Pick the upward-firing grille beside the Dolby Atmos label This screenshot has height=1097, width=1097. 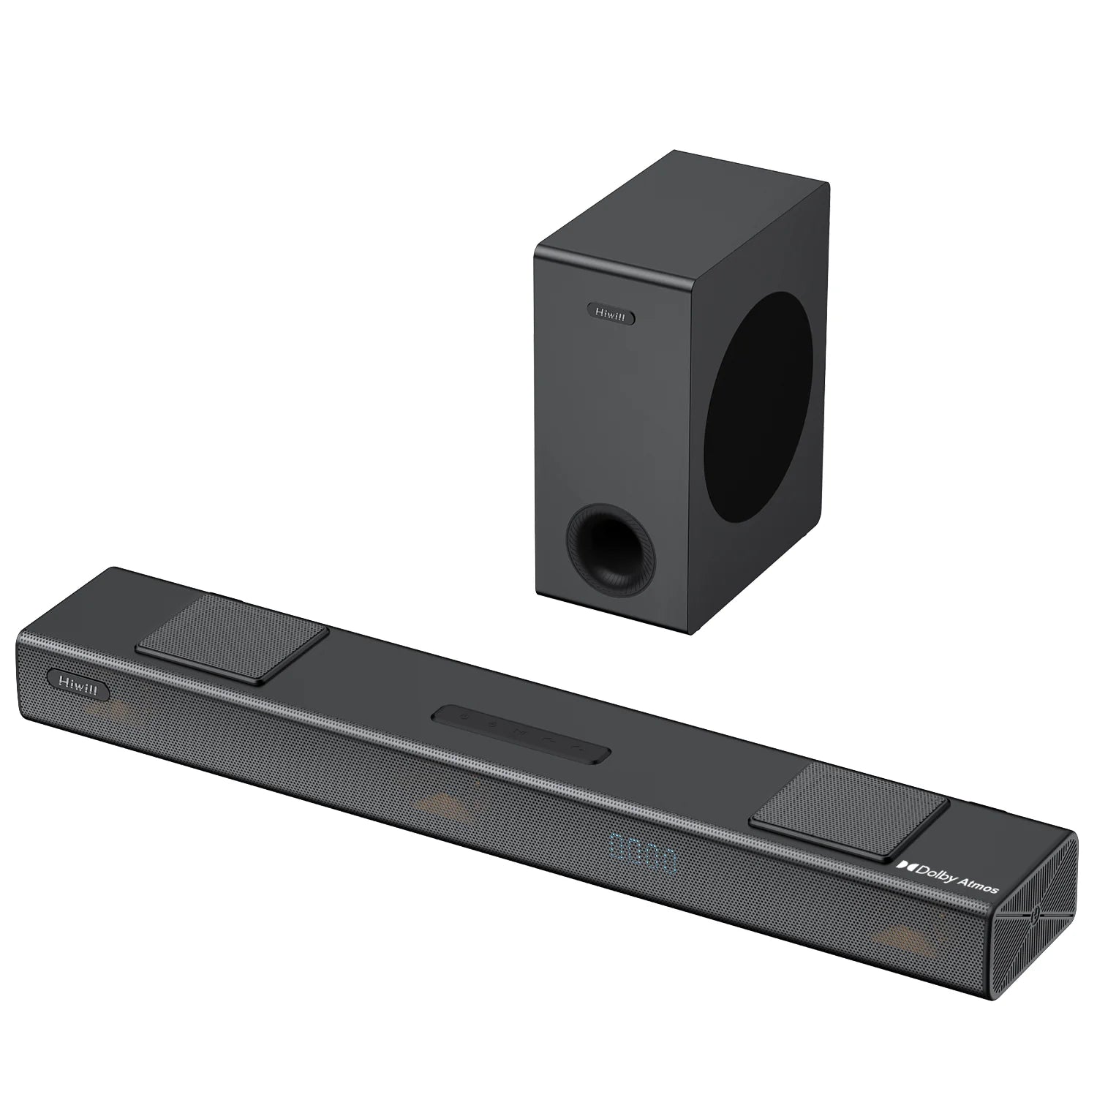coord(849,807)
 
